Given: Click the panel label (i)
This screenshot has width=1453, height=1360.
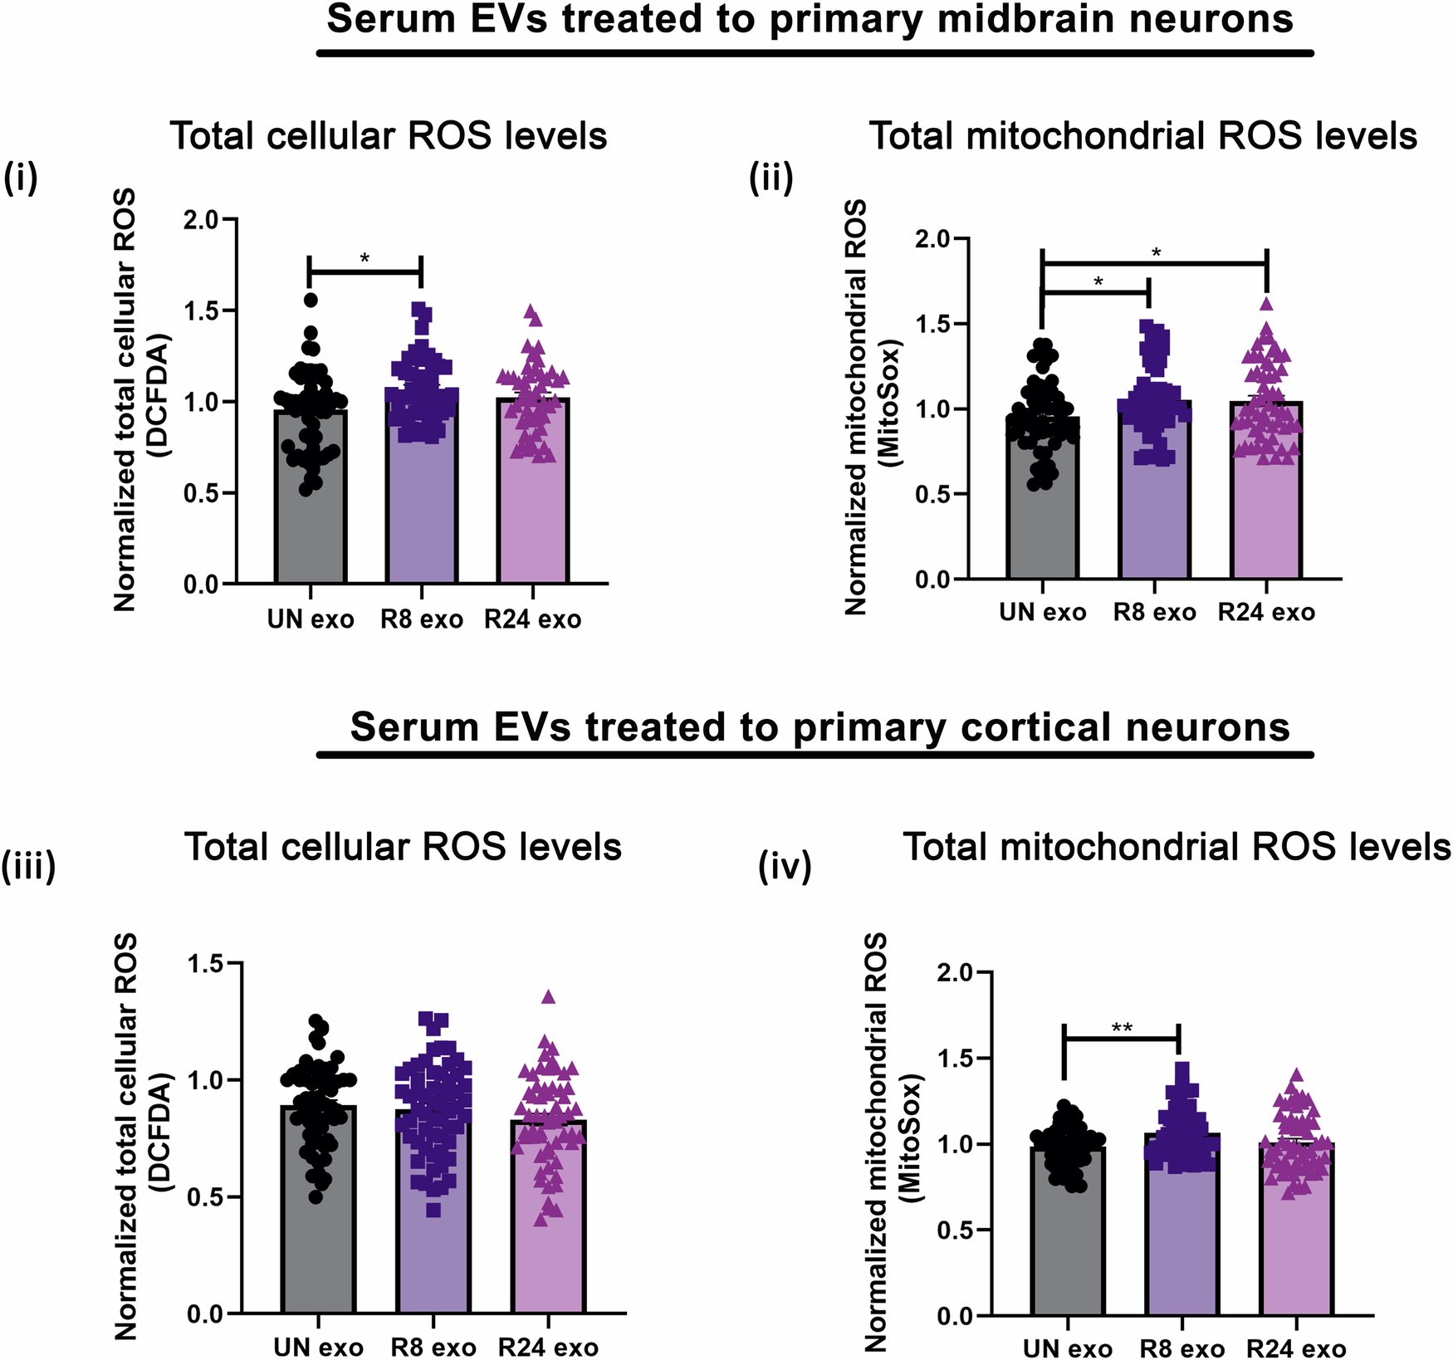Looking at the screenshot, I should pyautogui.click(x=21, y=179).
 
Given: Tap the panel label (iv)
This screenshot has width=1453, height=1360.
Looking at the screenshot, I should pyautogui.click(x=785, y=866).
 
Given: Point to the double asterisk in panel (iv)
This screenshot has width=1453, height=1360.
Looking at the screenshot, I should pyautogui.click(x=1122, y=1029).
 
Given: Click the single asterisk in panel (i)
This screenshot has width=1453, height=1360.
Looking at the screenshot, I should pyautogui.click(x=364, y=258).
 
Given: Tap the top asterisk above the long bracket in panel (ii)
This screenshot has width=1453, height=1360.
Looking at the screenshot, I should pyautogui.click(x=1156, y=252).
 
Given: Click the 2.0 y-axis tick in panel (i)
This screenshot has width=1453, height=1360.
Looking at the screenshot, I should pyautogui.click(x=200, y=220).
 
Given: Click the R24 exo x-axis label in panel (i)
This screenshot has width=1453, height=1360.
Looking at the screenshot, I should pyautogui.click(x=532, y=619).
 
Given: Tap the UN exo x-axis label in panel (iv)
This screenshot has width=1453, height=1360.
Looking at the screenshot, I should pyautogui.click(x=1067, y=1349).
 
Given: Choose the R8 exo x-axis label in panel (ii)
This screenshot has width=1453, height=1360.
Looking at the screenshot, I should pyautogui.click(x=1154, y=613).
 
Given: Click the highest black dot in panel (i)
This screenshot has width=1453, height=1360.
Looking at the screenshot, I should pyautogui.click(x=311, y=300).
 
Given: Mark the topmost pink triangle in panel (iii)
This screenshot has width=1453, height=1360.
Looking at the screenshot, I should pyautogui.click(x=548, y=996).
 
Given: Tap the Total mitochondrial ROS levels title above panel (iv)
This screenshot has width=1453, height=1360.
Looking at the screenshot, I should pyautogui.click(x=1177, y=847).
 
